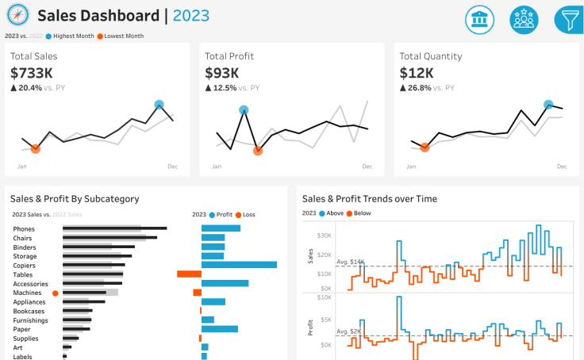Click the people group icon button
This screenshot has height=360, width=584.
click(524, 19)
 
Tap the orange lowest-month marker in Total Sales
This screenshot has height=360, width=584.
click(35, 148)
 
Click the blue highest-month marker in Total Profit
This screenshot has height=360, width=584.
click(244, 110)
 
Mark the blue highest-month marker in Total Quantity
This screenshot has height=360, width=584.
click(547, 104)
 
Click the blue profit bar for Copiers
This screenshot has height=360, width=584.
click(239, 265)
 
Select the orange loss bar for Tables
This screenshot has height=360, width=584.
click(189, 274)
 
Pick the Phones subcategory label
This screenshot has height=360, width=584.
click(24, 229)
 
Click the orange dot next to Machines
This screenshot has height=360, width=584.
click(55, 293)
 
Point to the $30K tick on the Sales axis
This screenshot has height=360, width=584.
click(323, 236)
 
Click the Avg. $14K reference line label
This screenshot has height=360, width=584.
click(350, 262)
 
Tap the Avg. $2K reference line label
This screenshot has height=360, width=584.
click(348, 331)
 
